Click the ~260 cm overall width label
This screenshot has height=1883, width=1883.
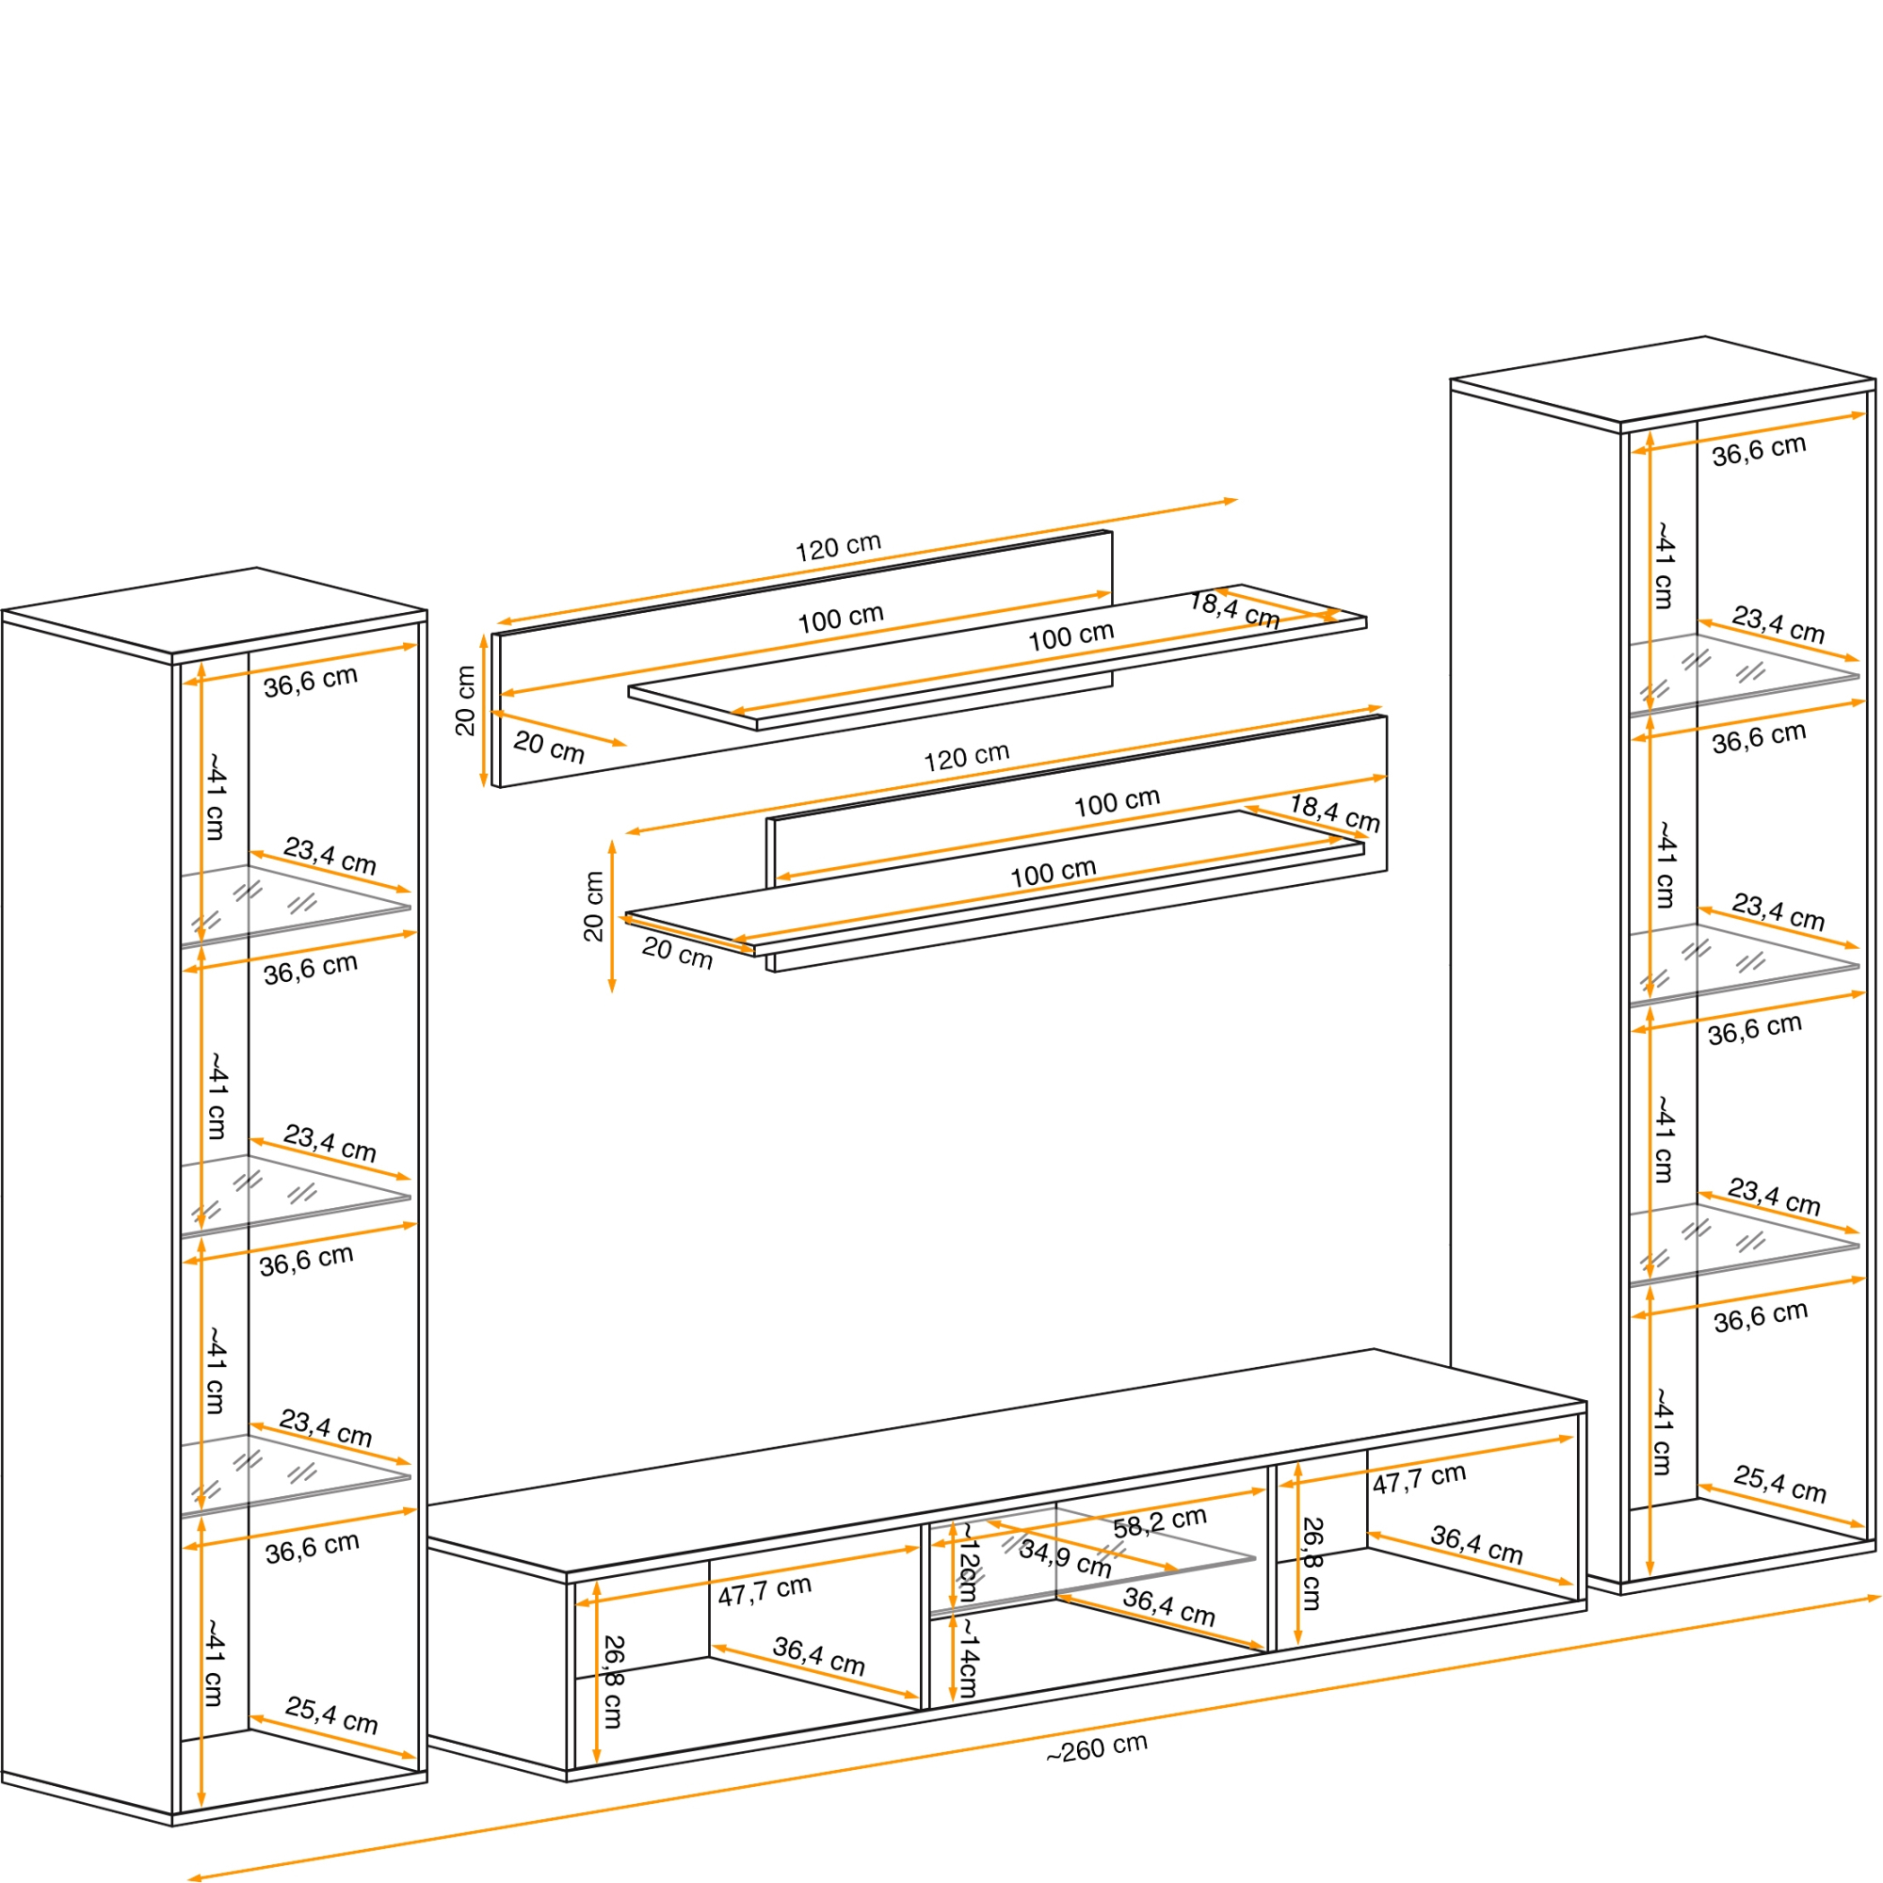coord(1097,1748)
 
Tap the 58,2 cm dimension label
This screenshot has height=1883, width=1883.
coord(1159,1522)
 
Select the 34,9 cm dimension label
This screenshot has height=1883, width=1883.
coord(1064,1557)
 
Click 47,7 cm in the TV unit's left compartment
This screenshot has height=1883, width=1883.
coord(764,1590)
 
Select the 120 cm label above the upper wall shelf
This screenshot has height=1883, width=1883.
coord(838,547)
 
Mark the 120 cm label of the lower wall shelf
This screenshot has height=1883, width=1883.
coord(966,757)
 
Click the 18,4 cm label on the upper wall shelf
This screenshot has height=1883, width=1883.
coord(1234,610)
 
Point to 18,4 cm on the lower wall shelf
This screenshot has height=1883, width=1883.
coord(1334,813)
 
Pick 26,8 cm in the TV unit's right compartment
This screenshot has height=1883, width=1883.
coord(1312,1563)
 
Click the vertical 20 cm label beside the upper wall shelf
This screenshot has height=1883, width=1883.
coord(466,700)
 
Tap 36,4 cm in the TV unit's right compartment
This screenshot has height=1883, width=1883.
coord(1475,1545)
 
